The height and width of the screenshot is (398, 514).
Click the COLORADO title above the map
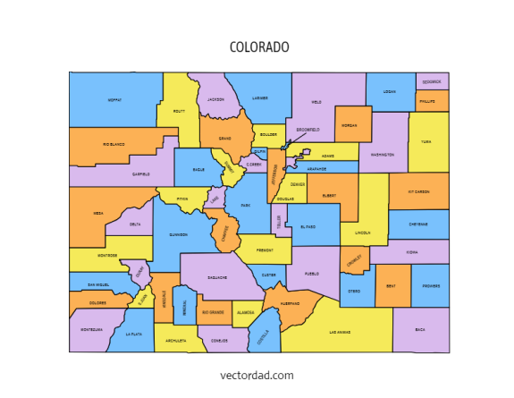(x=259, y=47)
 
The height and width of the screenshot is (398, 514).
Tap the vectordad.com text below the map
(x=257, y=376)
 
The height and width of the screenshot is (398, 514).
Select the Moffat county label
(x=114, y=99)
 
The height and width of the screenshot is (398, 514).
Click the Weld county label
(x=316, y=101)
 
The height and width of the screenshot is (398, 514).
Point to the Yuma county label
(x=426, y=141)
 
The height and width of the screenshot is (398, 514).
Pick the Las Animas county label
(x=340, y=332)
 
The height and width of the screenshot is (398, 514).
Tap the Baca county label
(x=420, y=329)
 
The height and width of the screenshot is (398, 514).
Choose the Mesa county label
(x=98, y=215)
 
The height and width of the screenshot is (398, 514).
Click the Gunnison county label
(x=179, y=235)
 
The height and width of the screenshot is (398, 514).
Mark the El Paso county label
(x=308, y=227)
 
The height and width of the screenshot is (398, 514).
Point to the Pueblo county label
(x=311, y=273)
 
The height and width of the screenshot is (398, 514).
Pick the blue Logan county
(x=389, y=92)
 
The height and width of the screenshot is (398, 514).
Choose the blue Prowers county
(x=431, y=286)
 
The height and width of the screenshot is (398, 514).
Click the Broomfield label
(x=308, y=129)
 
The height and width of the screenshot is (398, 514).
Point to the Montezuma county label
(x=91, y=329)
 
